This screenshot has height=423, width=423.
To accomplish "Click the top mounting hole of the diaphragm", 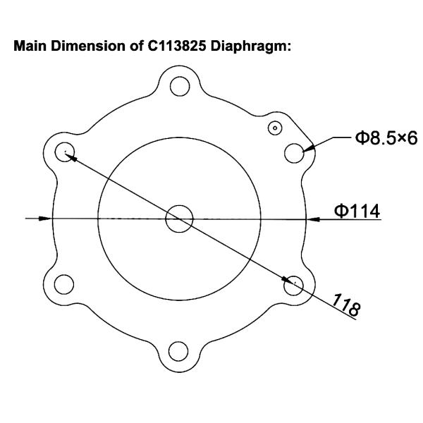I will tap(180, 87).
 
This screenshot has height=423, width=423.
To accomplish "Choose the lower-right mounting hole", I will tap(295, 284).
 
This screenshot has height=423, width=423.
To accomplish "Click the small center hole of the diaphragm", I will tap(179, 219).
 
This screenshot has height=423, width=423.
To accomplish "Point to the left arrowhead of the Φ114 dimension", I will tap(47, 219).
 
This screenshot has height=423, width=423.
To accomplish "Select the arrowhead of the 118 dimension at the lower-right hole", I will tap(288, 281).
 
